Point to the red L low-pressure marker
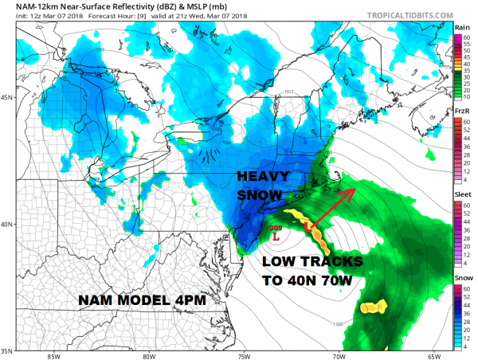pyautogui.click(x=276, y=237)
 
